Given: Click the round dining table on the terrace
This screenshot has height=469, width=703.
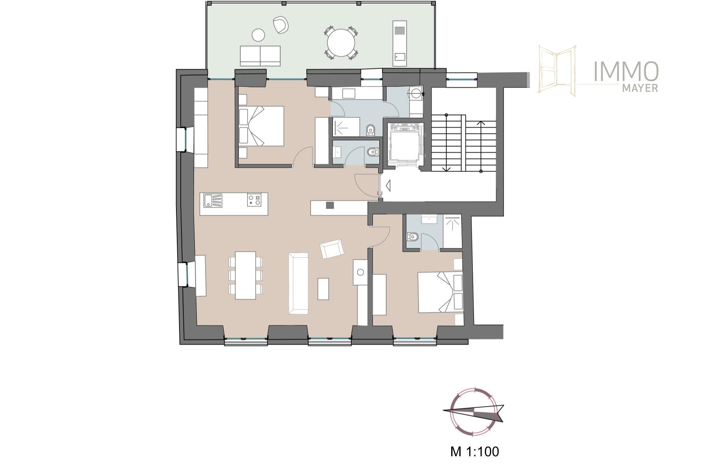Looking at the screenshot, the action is click(x=341, y=42).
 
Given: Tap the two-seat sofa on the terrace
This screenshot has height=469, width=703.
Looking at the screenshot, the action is click(x=260, y=56).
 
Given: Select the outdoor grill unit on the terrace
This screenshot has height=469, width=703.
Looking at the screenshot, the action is click(x=399, y=43).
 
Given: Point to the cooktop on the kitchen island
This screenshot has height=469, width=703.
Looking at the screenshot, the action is click(x=254, y=200).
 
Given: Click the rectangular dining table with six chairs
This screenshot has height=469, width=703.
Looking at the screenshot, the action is click(x=246, y=275).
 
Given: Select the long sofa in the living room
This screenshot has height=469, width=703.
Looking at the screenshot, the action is click(x=299, y=283).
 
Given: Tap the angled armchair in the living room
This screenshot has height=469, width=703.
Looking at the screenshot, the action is click(x=332, y=249).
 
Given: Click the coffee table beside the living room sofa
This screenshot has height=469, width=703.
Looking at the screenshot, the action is click(x=323, y=289).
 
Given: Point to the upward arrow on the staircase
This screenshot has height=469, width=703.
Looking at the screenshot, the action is click(x=481, y=146).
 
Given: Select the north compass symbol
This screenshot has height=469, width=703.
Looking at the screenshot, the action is click(x=473, y=412).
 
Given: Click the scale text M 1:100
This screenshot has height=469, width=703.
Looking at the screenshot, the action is click(x=474, y=451).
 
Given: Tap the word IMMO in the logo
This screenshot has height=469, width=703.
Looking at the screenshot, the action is click(x=626, y=72).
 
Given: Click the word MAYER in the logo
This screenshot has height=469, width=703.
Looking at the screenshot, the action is click(x=640, y=88).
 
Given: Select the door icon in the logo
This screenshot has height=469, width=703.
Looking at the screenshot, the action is click(x=557, y=71).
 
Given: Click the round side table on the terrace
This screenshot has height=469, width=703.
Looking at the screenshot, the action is click(x=258, y=35).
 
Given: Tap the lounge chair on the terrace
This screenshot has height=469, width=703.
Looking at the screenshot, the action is click(x=281, y=25).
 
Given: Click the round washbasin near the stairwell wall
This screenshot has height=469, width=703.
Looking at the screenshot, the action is click(x=415, y=92).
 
